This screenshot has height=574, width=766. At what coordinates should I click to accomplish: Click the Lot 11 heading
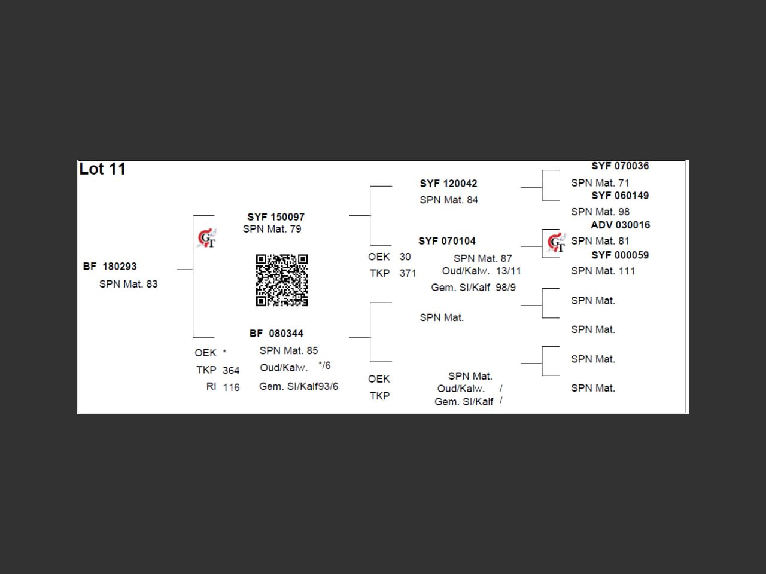click(x=102, y=169)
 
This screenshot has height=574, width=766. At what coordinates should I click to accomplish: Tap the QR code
click(x=282, y=280)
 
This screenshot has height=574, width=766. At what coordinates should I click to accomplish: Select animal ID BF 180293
click(x=110, y=267)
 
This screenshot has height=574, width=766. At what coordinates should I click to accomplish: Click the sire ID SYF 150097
click(x=276, y=217)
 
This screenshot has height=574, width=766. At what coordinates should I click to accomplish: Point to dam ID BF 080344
click(x=276, y=334)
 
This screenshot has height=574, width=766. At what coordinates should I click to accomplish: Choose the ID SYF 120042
click(x=448, y=184)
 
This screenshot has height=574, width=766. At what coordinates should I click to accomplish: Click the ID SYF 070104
click(x=447, y=241)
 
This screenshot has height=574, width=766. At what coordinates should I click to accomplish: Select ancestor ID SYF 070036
click(x=620, y=166)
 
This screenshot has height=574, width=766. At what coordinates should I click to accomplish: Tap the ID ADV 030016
click(x=621, y=225)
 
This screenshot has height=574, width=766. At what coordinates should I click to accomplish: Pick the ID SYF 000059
click(x=620, y=255)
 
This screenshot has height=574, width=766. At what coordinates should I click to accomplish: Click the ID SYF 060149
click(x=620, y=196)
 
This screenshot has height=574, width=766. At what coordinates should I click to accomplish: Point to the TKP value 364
click(x=231, y=370)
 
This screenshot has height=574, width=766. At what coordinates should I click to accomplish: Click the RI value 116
click(x=232, y=387)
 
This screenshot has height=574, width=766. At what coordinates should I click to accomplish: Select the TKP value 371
click(x=408, y=273)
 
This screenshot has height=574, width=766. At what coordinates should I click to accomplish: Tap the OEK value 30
click(x=405, y=257)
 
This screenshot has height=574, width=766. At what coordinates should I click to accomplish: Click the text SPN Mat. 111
click(x=603, y=271)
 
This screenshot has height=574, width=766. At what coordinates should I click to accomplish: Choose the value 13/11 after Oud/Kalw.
click(x=509, y=271)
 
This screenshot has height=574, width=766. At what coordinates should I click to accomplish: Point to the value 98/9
click(x=506, y=288)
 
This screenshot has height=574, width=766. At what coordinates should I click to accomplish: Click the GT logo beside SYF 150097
click(x=206, y=238)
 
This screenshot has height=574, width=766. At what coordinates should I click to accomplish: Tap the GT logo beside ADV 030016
click(x=557, y=242)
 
